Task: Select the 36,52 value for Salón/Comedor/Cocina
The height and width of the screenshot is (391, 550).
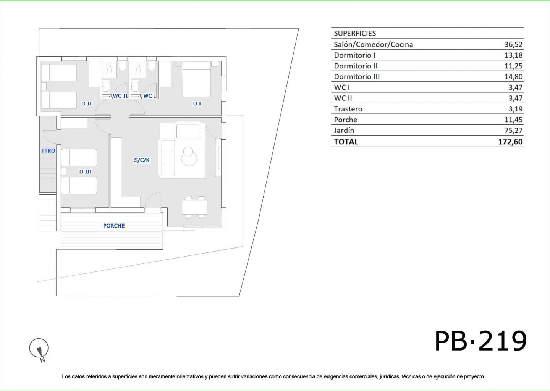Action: coord(513,44)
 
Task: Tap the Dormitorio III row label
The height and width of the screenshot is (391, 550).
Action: coord(357,77)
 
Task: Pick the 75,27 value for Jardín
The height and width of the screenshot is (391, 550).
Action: coord(513,130)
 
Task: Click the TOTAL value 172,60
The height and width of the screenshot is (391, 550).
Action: coord(510,142)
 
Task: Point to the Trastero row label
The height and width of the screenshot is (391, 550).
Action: coord(348,109)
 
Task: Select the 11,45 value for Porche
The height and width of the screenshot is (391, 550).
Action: coord(513,120)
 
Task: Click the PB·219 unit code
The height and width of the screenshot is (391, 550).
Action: coord(480,341)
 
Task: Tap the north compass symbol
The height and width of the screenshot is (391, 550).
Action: coord(39,350)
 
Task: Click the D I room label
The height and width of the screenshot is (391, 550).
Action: coord(197,103)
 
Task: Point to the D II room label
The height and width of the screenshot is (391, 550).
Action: coord(86,103)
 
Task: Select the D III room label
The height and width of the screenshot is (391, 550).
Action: coord(85,171)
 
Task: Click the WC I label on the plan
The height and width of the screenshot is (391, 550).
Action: coord(150,96)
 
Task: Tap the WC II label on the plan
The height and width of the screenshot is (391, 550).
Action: coord(120,96)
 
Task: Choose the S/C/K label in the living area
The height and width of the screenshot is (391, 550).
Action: coord(142,160)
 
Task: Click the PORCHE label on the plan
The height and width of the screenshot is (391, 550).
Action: coord(114,226)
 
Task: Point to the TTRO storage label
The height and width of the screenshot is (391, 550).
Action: coord(48,151)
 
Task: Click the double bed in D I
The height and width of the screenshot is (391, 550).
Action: coord(197,79)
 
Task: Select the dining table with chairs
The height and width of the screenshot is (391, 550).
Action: coord(194,207)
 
